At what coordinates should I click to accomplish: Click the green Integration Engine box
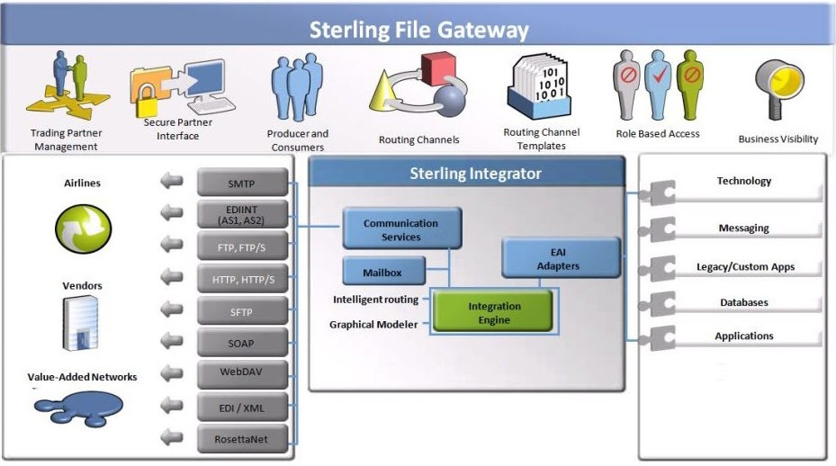494,313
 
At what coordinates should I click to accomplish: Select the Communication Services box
401,229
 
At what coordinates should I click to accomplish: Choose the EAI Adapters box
558,259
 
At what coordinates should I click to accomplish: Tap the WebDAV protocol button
242,372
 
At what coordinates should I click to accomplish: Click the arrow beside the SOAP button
171,343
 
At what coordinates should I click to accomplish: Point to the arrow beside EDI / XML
171,407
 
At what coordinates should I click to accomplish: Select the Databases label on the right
743,303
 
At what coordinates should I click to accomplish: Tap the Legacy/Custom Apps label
745,267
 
